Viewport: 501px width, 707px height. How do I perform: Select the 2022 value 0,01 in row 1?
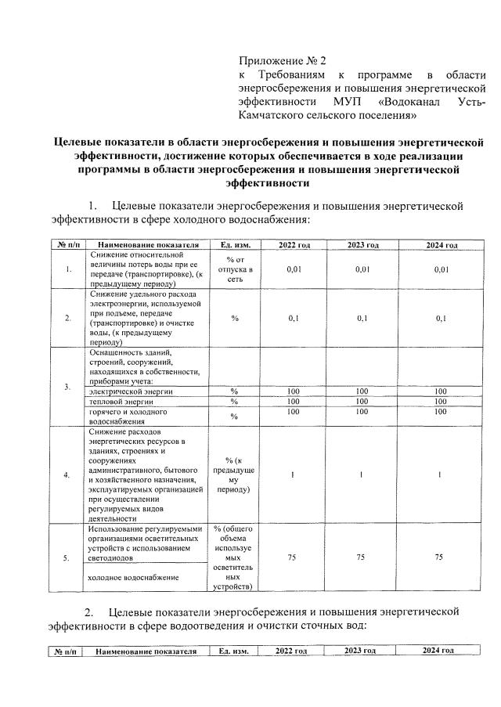point(294,269)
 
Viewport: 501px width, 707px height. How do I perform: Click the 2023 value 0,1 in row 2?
point(362,319)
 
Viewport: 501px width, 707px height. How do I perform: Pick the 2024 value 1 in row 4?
point(441,474)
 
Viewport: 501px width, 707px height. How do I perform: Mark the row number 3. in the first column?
point(68,387)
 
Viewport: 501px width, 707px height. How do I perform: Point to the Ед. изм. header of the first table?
point(235,245)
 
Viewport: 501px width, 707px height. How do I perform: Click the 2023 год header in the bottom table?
point(360,651)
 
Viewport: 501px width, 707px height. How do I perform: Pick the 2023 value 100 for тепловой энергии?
point(362,401)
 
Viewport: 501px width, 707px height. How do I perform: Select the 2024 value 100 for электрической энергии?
point(441,391)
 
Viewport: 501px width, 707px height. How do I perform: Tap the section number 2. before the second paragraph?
point(90,611)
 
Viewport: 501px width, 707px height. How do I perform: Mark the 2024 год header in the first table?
point(441,245)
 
